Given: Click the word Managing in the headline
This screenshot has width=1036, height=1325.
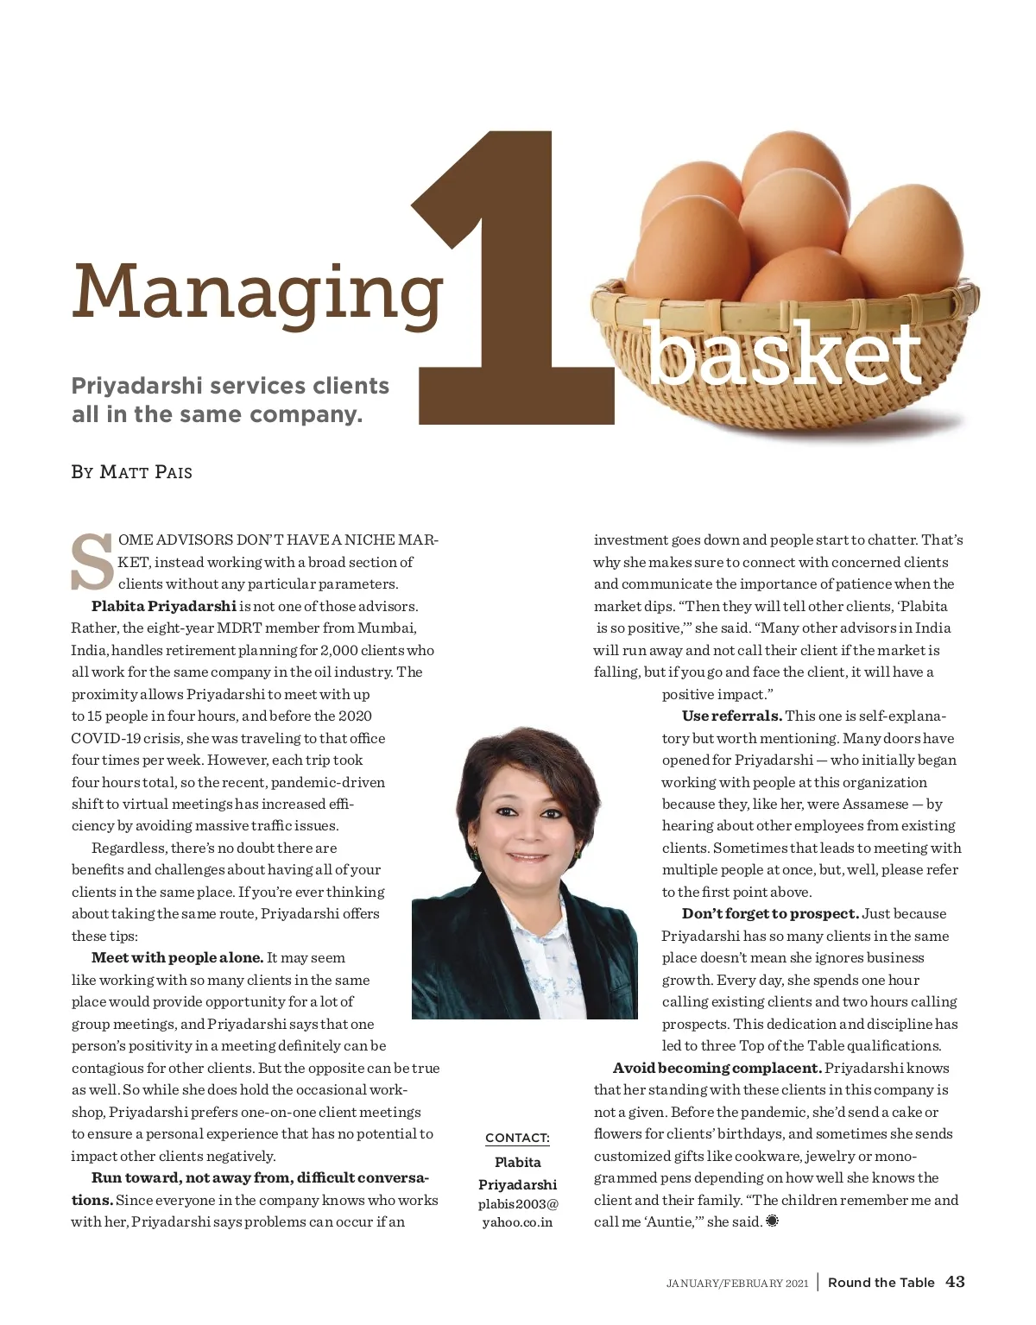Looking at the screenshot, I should tap(256, 292).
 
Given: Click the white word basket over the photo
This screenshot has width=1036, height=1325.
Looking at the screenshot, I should tap(784, 354).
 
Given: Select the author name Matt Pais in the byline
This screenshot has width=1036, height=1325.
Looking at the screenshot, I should tap(146, 472).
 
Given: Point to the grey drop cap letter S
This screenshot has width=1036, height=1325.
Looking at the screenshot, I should tap(92, 562).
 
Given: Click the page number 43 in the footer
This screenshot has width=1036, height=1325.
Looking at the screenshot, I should tap(955, 1282).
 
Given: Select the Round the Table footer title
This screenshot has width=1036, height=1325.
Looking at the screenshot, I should tap(881, 1283).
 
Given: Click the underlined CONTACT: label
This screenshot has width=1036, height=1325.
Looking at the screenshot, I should tap(517, 1138).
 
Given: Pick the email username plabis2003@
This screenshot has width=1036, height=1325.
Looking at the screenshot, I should tap(518, 1204).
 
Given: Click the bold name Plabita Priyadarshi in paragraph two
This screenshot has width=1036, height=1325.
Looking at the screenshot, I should tap(164, 606).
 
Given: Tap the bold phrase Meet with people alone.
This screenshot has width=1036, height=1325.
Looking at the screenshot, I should tap(177, 957).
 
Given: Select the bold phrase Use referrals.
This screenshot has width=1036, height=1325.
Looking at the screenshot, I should tap(731, 716).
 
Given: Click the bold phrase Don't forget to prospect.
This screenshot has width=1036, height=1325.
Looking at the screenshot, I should tap(770, 913).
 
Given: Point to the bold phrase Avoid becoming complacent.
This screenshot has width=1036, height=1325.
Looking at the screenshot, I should tap(717, 1068).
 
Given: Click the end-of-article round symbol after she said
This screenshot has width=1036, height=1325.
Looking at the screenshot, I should tap(772, 1221).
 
